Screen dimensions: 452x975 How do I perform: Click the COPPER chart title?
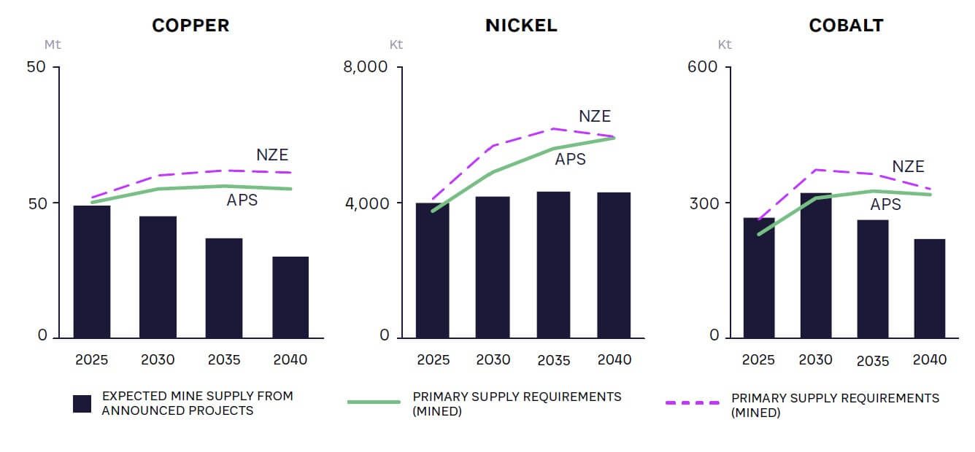coord(190,26)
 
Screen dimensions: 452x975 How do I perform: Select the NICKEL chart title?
coord(521,26)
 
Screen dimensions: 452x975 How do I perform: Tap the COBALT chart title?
coord(846,26)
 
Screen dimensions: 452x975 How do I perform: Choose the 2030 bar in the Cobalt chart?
coord(816,265)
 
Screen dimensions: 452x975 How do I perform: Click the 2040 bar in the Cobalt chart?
coord(929,288)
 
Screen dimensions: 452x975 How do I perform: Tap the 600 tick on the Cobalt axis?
coord(704,67)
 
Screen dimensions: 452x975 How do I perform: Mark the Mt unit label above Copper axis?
coord(53,44)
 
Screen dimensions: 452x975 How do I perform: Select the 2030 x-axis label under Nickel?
coord(493,359)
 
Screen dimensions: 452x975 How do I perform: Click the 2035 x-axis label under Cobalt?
coord(873,361)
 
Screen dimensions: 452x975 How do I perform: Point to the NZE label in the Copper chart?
coord(272,155)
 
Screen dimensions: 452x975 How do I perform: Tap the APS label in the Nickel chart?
coord(570,159)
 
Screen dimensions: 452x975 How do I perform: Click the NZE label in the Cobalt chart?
coord(908,166)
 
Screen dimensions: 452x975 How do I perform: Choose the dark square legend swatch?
coord(82,404)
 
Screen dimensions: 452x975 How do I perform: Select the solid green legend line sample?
coord(374,402)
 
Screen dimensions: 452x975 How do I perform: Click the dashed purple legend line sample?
coord(693,402)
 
